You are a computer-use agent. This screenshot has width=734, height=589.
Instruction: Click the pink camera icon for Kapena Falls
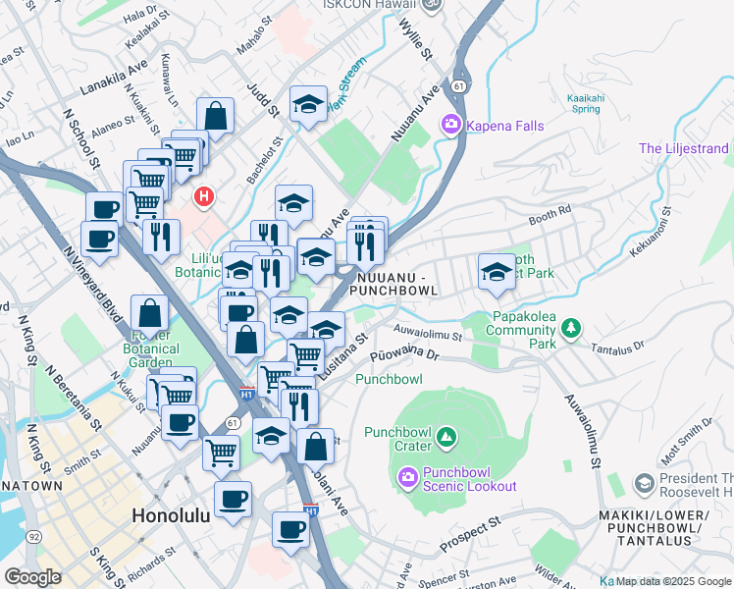[451, 125]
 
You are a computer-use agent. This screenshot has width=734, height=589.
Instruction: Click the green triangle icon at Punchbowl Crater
[446, 434]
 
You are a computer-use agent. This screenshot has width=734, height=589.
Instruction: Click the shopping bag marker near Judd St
[215, 116]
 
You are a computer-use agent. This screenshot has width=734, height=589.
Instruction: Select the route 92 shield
[34, 537]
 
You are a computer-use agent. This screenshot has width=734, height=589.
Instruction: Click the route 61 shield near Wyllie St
[459, 87]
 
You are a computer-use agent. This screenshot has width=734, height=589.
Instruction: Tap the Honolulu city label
[170, 515]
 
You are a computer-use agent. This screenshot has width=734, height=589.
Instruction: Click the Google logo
[32, 577]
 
